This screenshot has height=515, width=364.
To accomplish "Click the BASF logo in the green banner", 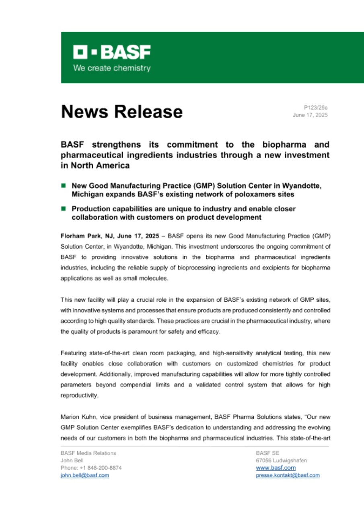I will pyautogui.click(x=112, y=51).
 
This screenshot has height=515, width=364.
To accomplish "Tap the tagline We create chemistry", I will pyautogui.click(x=111, y=68).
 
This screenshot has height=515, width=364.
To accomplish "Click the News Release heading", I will pyautogui.click(x=121, y=111).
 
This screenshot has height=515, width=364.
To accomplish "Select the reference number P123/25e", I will pyautogui.click(x=316, y=107).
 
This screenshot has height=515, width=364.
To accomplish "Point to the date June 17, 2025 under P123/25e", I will pyautogui.click(x=310, y=115).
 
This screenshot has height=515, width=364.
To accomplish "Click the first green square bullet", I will pyautogui.click(x=63, y=186).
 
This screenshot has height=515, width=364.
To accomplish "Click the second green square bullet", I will pyautogui.click(x=63, y=209).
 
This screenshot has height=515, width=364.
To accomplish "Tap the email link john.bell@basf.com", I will pyautogui.click(x=84, y=475).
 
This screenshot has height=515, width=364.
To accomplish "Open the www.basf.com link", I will pyautogui.click(x=276, y=468).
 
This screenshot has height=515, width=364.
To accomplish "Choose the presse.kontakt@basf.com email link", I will pyautogui.click(x=288, y=475).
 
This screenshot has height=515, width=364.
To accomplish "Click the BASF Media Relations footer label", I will pyautogui.click(x=88, y=453).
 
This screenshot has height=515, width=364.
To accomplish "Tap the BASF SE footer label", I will pyautogui.click(x=265, y=453).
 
